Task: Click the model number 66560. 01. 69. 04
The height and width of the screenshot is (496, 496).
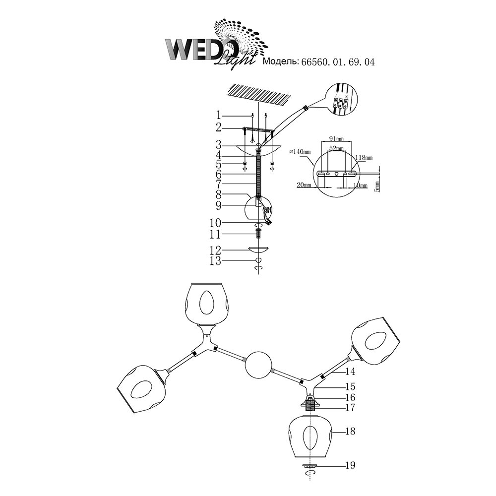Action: coord(337,62)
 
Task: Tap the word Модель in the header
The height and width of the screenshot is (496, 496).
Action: coord(279,62)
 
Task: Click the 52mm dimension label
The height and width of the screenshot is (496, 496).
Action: coord(336,148)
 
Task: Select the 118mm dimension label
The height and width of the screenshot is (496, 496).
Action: coord(364,157)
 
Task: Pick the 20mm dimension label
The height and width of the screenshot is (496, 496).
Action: coord(305,185)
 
